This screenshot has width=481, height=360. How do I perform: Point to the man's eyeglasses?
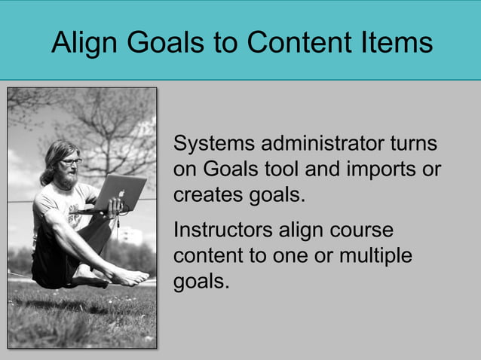point(70,161)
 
